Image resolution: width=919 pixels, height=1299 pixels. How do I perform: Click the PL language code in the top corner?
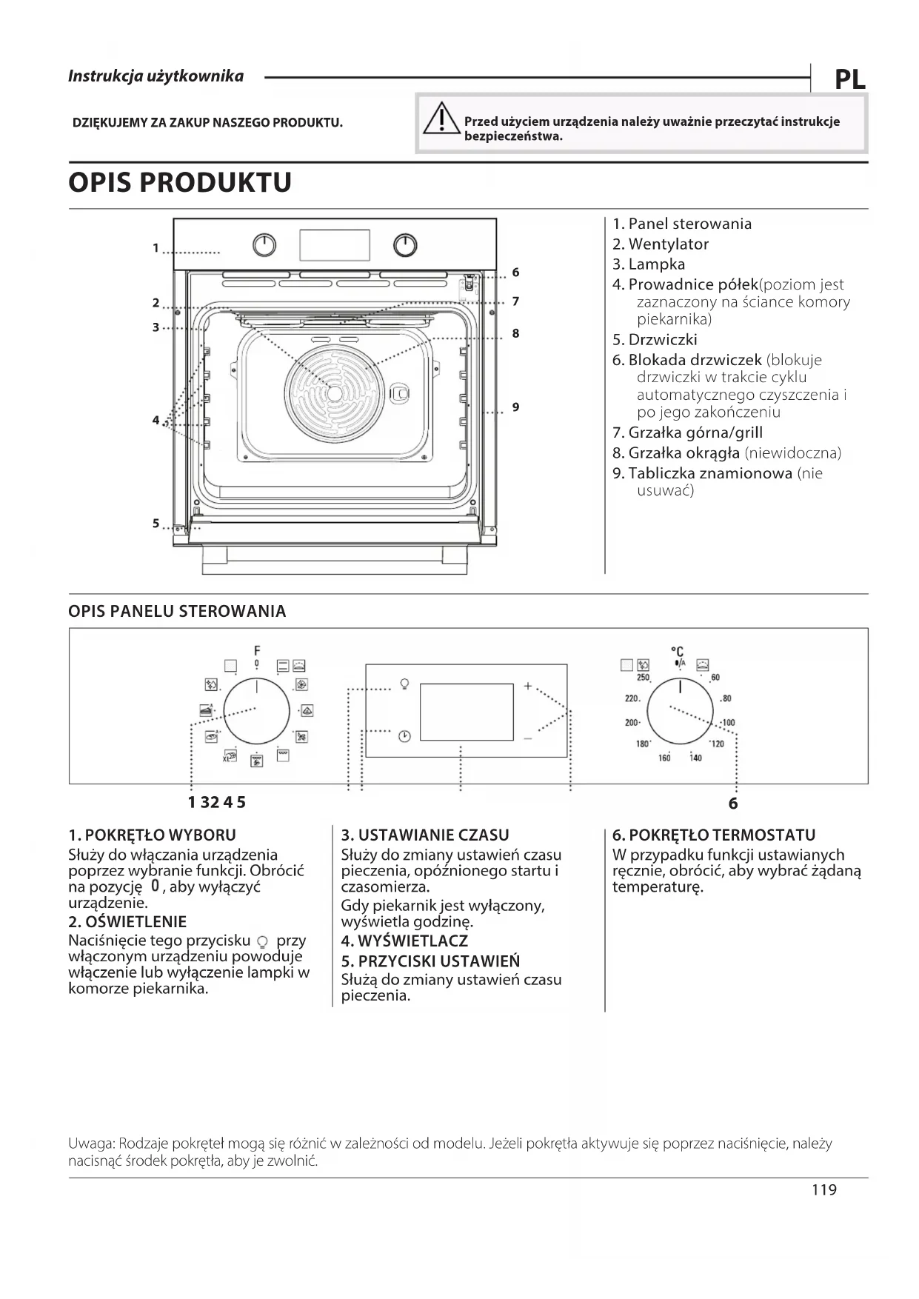[849, 79]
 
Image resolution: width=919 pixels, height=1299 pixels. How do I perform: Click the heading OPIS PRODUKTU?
[180, 182]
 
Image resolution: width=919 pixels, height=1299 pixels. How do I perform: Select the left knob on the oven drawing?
[264, 245]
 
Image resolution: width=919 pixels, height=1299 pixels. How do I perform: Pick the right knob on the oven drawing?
[405, 245]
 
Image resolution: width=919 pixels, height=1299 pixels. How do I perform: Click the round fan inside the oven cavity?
[335, 393]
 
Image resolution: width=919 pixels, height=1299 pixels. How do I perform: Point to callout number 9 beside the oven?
[515, 407]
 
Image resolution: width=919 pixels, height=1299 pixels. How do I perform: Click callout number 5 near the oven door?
[156, 523]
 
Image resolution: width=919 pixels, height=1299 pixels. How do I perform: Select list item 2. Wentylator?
[661, 244]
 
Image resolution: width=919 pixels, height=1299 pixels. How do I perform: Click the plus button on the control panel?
[528, 686]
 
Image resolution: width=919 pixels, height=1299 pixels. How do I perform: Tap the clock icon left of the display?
[404, 736]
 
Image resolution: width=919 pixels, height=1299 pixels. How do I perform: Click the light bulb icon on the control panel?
[404, 683]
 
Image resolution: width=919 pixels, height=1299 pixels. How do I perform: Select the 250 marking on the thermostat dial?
[643, 677]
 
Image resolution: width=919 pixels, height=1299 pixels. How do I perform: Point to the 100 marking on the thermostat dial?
[728, 722]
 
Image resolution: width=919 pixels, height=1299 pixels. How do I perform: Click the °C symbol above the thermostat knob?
[677, 651]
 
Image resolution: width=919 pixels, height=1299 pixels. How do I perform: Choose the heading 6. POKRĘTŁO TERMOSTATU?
[713, 835]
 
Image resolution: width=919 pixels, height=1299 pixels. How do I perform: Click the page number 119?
[823, 1189]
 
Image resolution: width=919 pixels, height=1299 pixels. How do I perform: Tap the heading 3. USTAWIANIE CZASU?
[425, 835]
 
